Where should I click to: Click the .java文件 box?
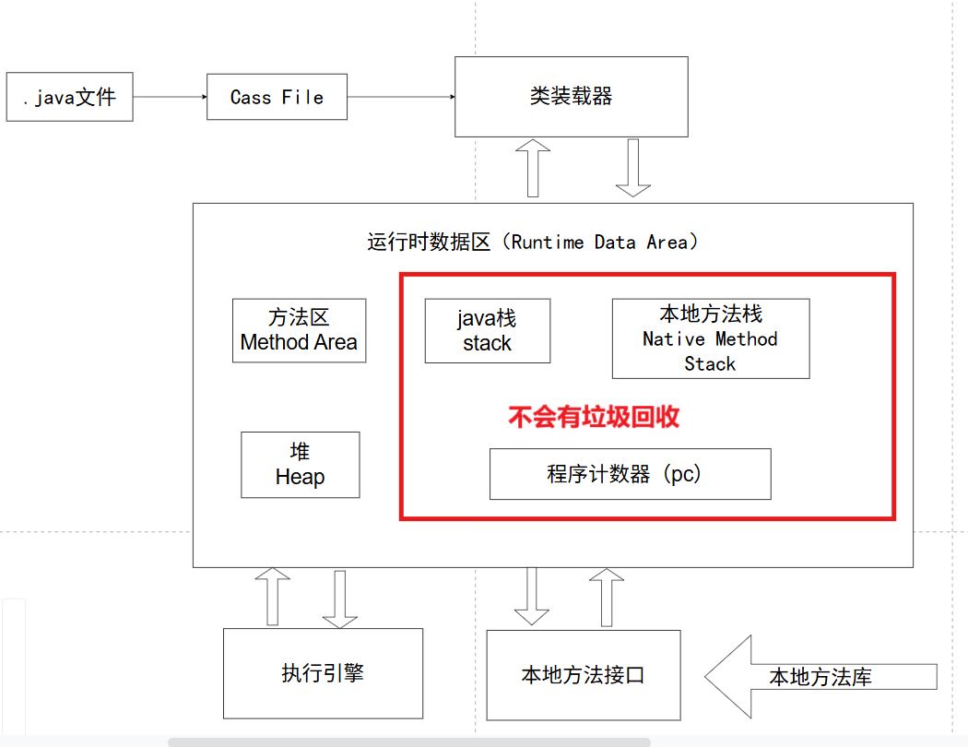69,97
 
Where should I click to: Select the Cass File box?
277,97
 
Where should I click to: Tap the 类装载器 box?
572,96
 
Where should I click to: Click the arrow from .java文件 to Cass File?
169,97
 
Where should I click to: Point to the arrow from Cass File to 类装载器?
401,97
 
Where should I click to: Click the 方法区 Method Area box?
299,330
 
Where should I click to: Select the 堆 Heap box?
300,465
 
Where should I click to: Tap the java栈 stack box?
487,330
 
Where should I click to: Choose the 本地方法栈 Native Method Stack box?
711,338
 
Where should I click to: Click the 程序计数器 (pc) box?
630,474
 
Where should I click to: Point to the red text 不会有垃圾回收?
594,417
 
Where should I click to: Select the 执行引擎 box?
323,673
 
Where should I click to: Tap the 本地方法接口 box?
583,675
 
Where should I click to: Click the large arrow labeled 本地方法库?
811,677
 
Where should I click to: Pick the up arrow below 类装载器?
533,168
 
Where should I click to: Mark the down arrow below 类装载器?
633,168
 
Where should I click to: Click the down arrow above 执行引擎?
339,598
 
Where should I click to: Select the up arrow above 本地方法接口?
607,598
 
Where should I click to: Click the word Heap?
300,477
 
